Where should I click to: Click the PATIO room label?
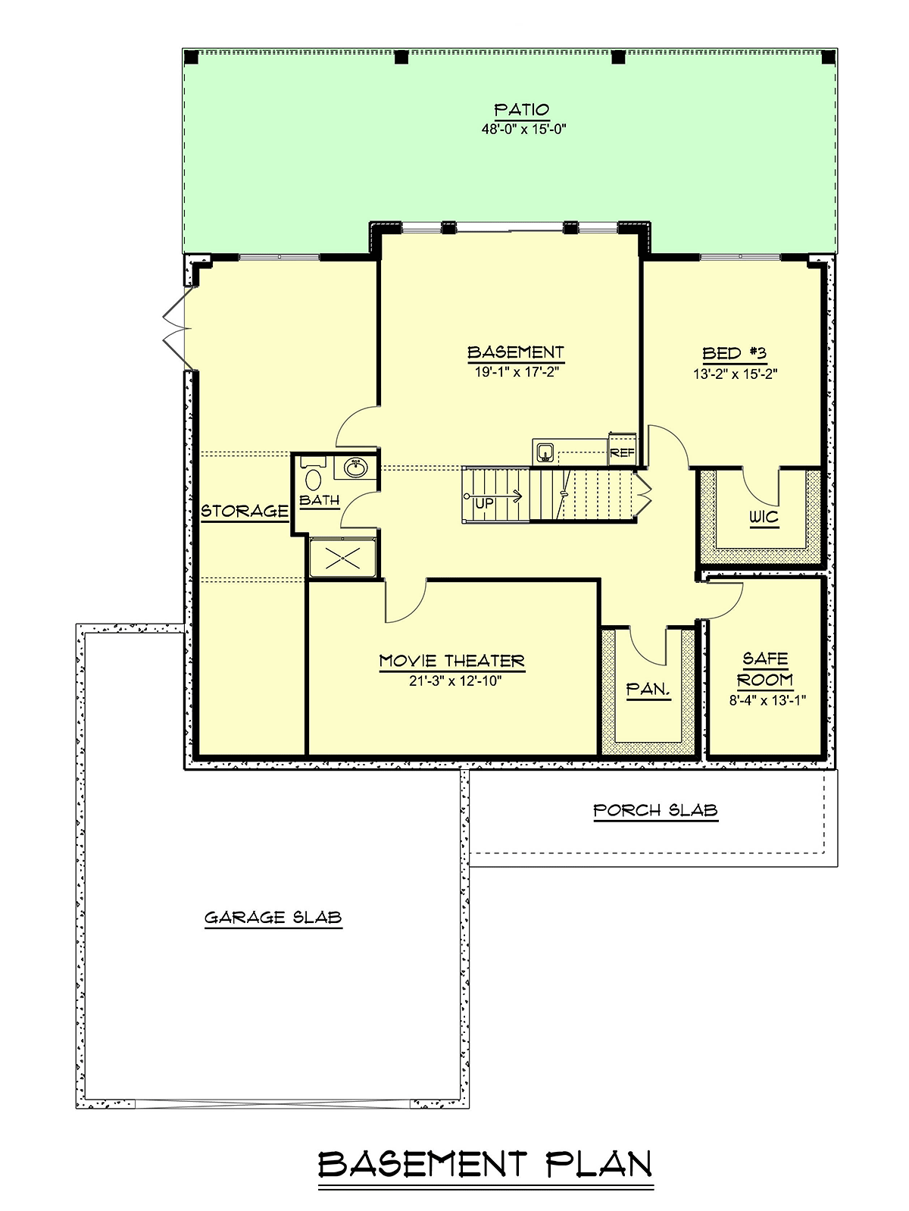[521, 109]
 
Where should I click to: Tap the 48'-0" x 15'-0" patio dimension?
[523, 130]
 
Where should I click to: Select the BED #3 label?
[734, 353]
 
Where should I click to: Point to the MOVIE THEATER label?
[452, 661]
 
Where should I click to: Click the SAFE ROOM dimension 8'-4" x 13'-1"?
[768, 701]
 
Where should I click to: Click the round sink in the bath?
[355, 468]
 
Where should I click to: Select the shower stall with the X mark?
[343, 558]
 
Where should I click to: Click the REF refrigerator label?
[623, 453]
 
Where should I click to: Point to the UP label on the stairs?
[485, 503]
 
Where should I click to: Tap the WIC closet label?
[764, 517]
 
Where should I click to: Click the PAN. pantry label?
[648, 689]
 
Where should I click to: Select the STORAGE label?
[244, 511]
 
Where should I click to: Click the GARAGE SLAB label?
[273, 918]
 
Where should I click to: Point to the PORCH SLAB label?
[655, 810]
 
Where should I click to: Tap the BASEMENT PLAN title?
[485, 1162]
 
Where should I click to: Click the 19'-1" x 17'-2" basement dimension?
[517, 372]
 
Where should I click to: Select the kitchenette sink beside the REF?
[545, 452]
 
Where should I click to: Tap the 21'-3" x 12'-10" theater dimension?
[455, 681]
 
